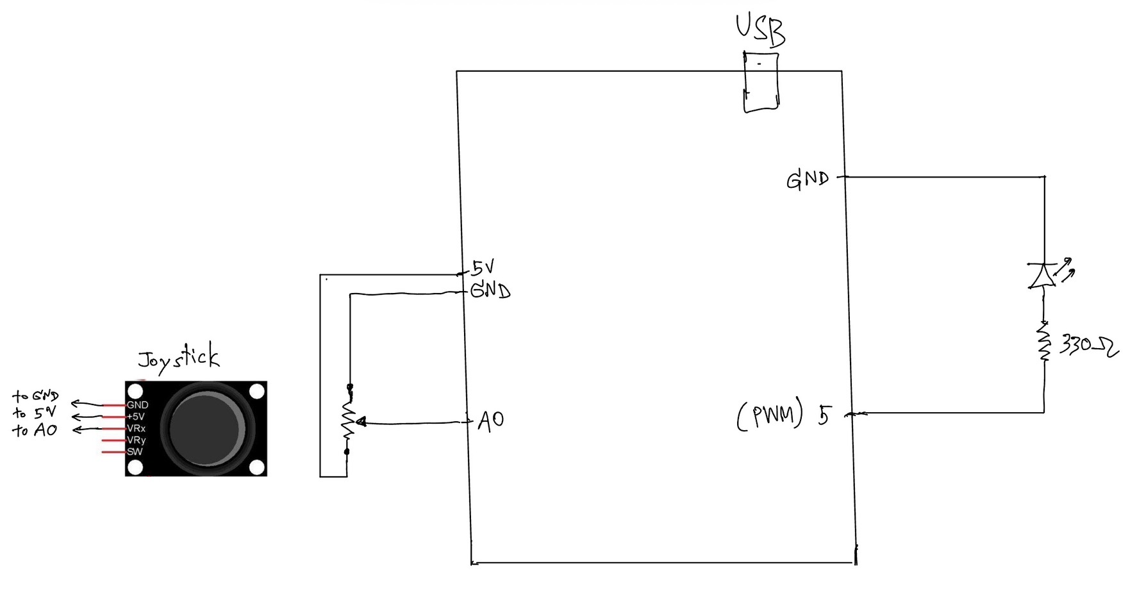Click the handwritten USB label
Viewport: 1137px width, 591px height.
tap(761, 30)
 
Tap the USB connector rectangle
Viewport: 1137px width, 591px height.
tap(761, 82)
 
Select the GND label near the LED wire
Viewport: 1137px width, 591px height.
tap(808, 179)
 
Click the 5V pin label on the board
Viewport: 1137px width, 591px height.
tap(483, 267)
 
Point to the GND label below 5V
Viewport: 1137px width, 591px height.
tap(490, 291)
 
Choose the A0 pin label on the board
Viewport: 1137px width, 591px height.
tap(491, 420)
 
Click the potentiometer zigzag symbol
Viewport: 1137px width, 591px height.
tap(349, 420)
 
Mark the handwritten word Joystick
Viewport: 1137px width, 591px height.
tap(179, 358)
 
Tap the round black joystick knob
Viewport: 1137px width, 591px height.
tap(203, 429)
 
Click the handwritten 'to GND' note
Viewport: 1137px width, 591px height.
tap(35, 396)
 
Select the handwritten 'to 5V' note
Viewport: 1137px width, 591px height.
tap(34, 413)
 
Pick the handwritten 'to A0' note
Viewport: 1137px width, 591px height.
tap(35, 430)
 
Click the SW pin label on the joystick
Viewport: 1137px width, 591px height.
tap(135, 452)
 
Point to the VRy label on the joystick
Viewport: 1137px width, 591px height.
tap(136, 440)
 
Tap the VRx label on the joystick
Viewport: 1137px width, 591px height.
tap(136, 428)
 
